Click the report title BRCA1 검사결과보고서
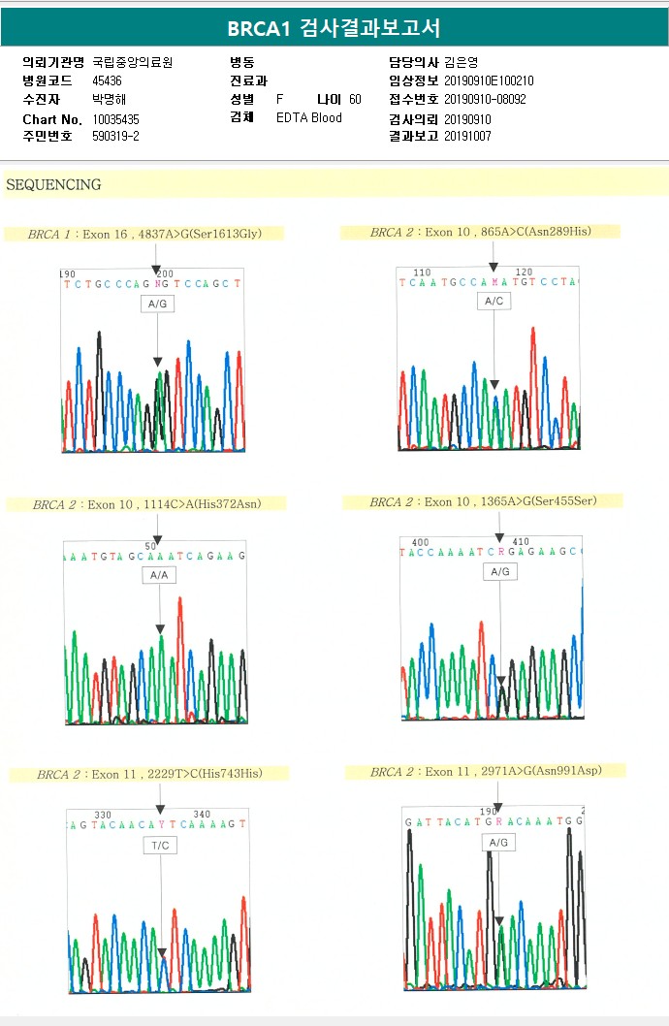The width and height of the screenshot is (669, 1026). point(334,28)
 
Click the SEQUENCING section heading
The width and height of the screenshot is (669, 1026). point(53,184)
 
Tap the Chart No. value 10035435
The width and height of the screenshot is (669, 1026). point(116,118)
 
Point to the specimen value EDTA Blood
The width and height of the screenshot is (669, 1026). point(309,118)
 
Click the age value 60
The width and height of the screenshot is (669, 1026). point(355,100)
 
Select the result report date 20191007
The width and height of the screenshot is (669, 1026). point(468,137)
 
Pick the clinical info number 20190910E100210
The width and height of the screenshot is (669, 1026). point(489,81)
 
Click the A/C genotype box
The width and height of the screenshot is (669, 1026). point(494,302)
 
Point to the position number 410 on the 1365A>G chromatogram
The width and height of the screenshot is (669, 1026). point(521,542)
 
